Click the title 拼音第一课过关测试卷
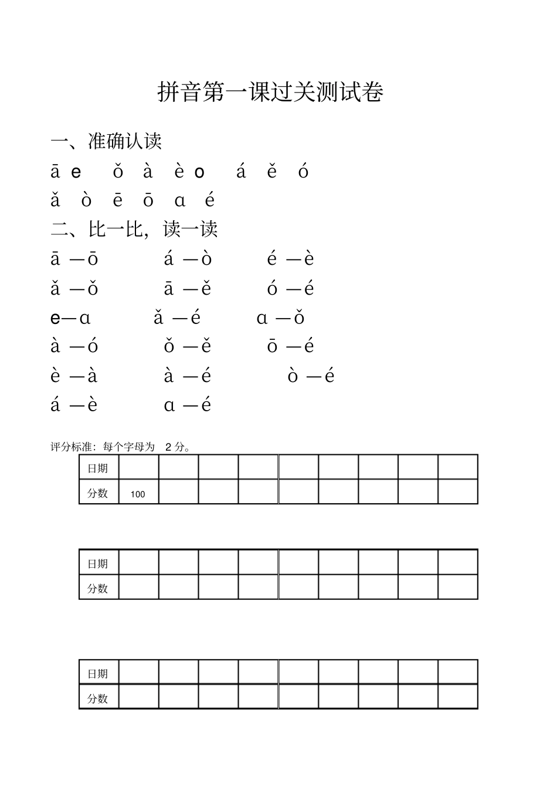[270, 93]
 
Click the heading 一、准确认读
[106, 141]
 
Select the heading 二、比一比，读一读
[134, 229]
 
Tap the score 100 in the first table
[138, 494]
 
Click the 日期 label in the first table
[98, 468]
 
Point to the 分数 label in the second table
[98, 588]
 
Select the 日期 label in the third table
[98, 674]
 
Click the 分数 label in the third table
[98, 698]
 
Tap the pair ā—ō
[74, 259]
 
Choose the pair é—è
[290, 259]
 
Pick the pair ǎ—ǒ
[74, 289]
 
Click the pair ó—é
[290, 289]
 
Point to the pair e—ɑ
[70, 318]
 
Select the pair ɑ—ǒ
[280, 318]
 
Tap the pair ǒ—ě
[187, 347]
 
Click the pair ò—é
[311, 376]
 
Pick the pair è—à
[74, 376]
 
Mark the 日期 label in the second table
[98, 564]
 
